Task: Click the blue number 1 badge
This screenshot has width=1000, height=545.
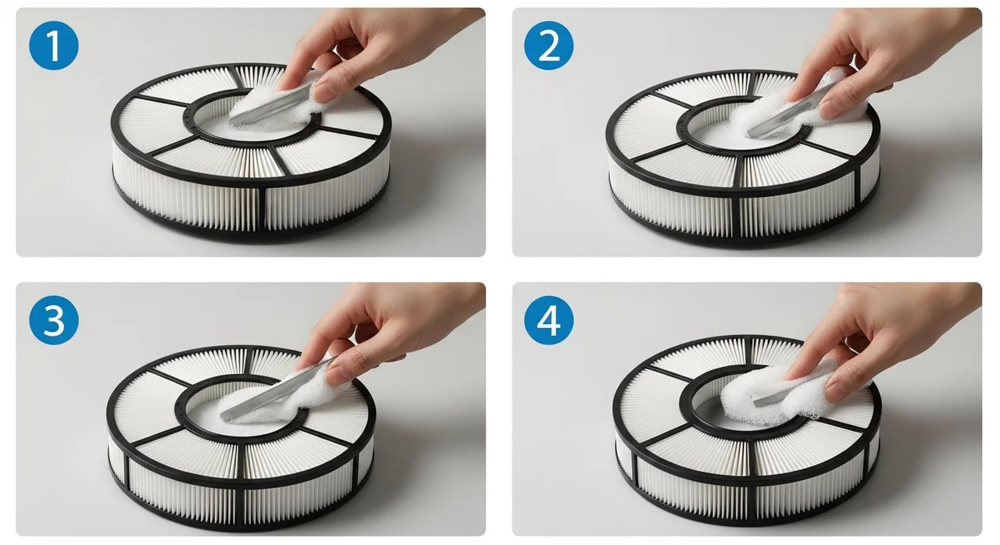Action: pyautogui.click(x=54, y=45)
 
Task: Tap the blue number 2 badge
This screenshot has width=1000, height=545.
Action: pyautogui.click(x=548, y=45)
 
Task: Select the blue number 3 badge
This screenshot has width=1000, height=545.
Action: pyautogui.click(x=54, y=320)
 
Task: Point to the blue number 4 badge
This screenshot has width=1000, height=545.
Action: pyautogui.click(x=548, y=320)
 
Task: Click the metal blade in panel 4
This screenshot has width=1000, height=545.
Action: pyautogui.click(x=786, y=394)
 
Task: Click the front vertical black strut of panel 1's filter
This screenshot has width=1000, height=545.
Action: pyautogui.click(x=262, y=209)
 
